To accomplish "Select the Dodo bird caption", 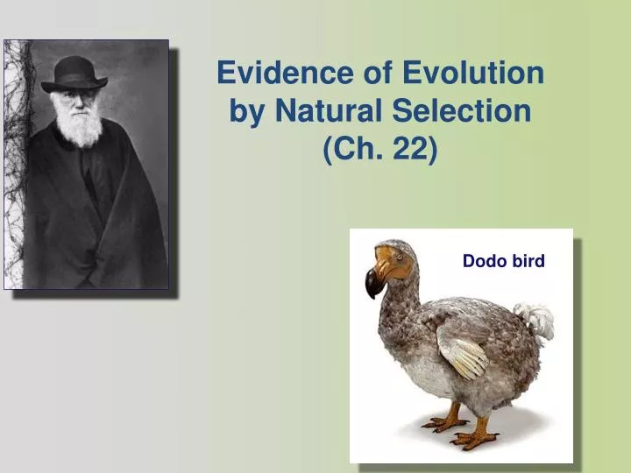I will coord(503,260).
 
